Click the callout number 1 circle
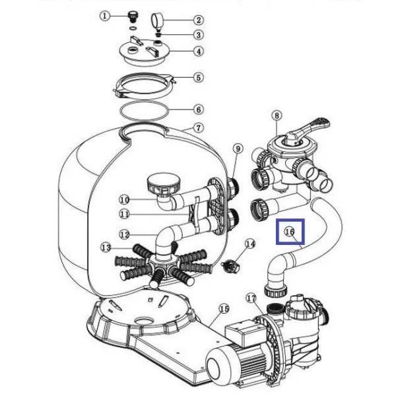coord(104,16)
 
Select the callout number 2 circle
coord(199,20)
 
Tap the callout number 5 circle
coord(199,78)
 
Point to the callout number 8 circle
coord(277,116)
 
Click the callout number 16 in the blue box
coord(290,232)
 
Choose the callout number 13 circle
coord(106,247)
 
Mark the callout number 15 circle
coord(224,309)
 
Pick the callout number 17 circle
coord(251,298)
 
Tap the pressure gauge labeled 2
coord(157,21)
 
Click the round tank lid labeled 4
coord(144,53)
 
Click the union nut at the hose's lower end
coord(276,290)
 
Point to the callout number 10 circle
coord(124,200)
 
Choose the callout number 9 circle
coord(238,149)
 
